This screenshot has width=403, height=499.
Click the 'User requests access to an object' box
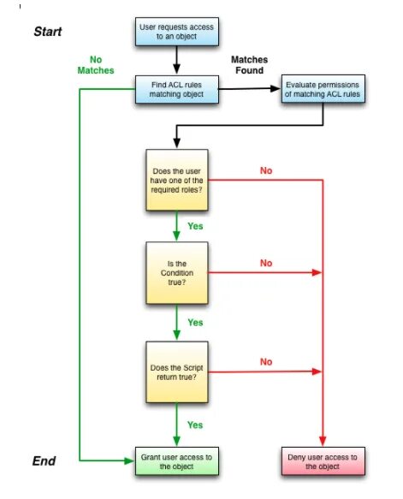pyautogui.click(x=176, y=33)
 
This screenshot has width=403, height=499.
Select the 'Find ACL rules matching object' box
pyautogui.click(x=176, y=89)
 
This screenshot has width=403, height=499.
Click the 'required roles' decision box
pyautogui.click(x=178, y=181)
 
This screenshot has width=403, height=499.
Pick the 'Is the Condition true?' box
pyautogui.click(x=178, y=273)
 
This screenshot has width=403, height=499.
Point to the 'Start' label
pyautogui.click(x=48, y=32)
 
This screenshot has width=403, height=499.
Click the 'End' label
pyautogui.click(x=44, y=460)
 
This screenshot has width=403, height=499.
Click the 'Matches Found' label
pyautogui.click(x=249, y=65)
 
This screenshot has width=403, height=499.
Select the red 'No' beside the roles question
pyautogui.click(x=267, y=170)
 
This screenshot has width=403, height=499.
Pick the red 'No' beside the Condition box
pyautogui.click(x=267, y=263)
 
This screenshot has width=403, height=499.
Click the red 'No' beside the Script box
pyautogui.click(x=267, y=362)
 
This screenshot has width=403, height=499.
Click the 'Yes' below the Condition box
pyautogui.click(x=195, y=322)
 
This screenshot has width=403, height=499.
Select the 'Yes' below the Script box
pyautogui.click(x=195, y=424)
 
